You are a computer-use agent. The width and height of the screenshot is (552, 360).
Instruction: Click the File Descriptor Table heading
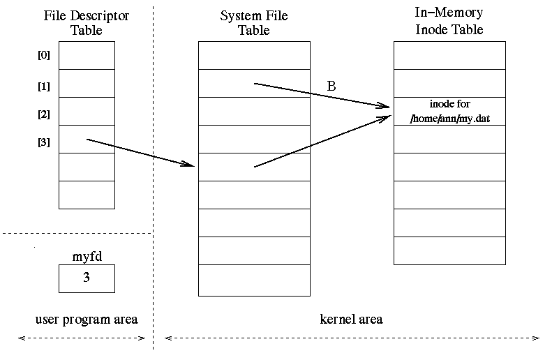coord(86,23)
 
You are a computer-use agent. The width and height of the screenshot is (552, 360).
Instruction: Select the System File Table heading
coord(253,23)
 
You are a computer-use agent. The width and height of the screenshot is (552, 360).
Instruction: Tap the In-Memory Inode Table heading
coord(449,23)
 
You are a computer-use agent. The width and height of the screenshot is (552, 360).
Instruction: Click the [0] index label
coord(43,56)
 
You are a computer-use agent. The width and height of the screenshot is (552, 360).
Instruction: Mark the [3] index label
coord(43,142)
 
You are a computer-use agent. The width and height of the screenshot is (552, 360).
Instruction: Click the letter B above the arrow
coord(331,87)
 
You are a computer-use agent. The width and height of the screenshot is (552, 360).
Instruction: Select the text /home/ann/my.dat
coord(449,118)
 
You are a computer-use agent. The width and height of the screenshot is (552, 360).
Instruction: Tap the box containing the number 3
coord(87,278)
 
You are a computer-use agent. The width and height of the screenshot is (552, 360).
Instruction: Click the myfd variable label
coord(87,256)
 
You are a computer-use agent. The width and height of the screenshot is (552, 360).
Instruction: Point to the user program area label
coord(86,320)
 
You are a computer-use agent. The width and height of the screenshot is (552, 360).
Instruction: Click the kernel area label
coord(351,320)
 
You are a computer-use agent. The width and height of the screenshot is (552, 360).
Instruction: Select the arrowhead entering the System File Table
coord(190,165)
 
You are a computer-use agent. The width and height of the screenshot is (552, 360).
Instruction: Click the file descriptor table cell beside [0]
coord(87,56)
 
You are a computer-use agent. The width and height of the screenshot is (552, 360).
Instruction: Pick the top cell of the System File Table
coord(254,56)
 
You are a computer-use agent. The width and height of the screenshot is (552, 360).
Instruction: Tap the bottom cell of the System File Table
coord(254,280)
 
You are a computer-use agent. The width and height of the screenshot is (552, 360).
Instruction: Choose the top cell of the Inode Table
coord(449,56)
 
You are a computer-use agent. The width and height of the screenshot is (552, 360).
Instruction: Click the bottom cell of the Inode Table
coord(449,251)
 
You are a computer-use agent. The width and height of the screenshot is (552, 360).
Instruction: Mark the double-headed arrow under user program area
coord(81,338)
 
